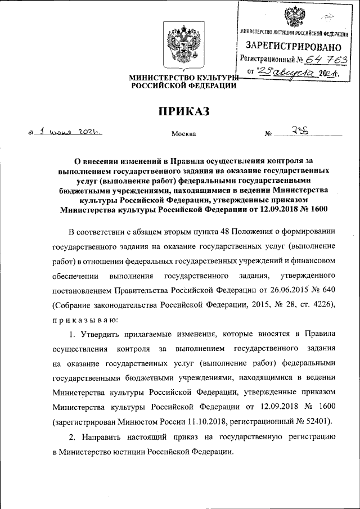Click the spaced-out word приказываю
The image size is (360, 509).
[85, 320]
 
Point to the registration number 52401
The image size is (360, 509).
[318, 420]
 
